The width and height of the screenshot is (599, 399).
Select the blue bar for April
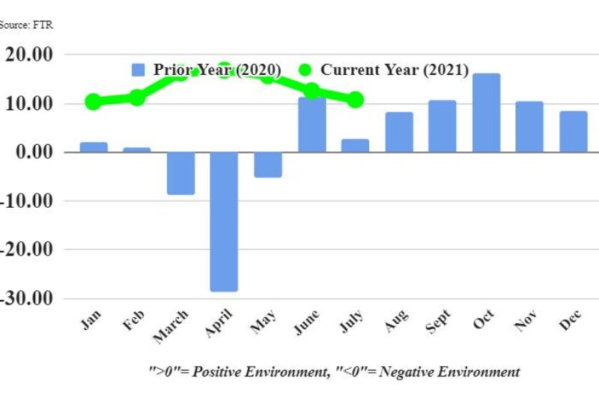tap(224, 221)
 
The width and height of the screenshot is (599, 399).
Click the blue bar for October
tap(486, 112)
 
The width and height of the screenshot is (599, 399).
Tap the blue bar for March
tap(180, 173)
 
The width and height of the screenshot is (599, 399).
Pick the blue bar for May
tap(267, 164)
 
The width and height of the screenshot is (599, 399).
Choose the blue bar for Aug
tap(399, 132)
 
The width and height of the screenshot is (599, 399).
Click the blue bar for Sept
tap(442, 126)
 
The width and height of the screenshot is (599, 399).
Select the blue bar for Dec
tap(573, 131)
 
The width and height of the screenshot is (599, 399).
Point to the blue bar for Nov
tap(529, 127)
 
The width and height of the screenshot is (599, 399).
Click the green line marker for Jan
tap(93, 102)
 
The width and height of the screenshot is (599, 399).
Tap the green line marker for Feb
tap(137, 97)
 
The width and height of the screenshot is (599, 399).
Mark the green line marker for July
tap(355, 100)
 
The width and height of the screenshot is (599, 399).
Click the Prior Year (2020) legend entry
tap(207, 70)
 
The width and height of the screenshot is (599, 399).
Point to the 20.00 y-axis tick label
tap(29, 55)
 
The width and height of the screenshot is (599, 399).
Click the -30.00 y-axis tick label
tap(27, 298)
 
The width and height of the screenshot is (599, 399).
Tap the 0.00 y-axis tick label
tap(34, 152)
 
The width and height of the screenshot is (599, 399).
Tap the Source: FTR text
tap(26, 25)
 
